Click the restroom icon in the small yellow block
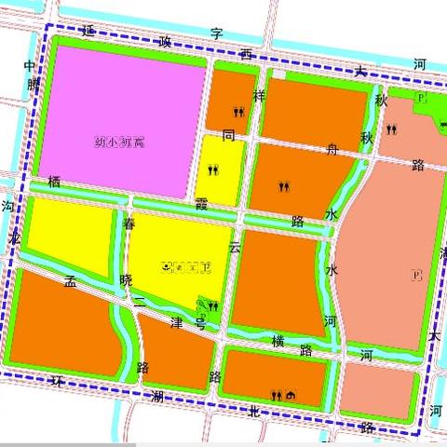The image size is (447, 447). pyautogui.click(x=214, y=170)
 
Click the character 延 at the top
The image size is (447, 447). pyautogui.click(x=88, y=31)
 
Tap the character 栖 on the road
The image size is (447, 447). pyautogui.click(x=54, y=184)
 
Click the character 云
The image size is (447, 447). pyautogui.click(x=235, y=249)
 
